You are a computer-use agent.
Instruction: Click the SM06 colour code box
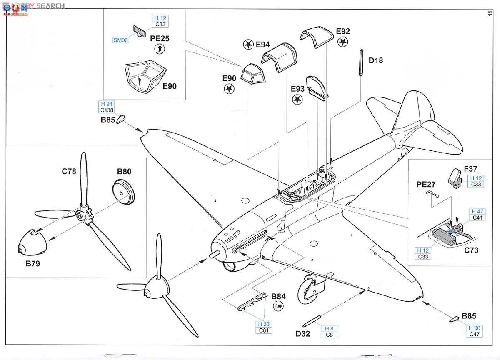point(120,40)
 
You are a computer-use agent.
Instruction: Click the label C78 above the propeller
point(69,171)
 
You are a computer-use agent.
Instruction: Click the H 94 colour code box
point(106,104)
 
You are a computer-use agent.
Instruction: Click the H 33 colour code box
point(263,325)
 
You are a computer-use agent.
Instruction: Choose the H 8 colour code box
point(329,328)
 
